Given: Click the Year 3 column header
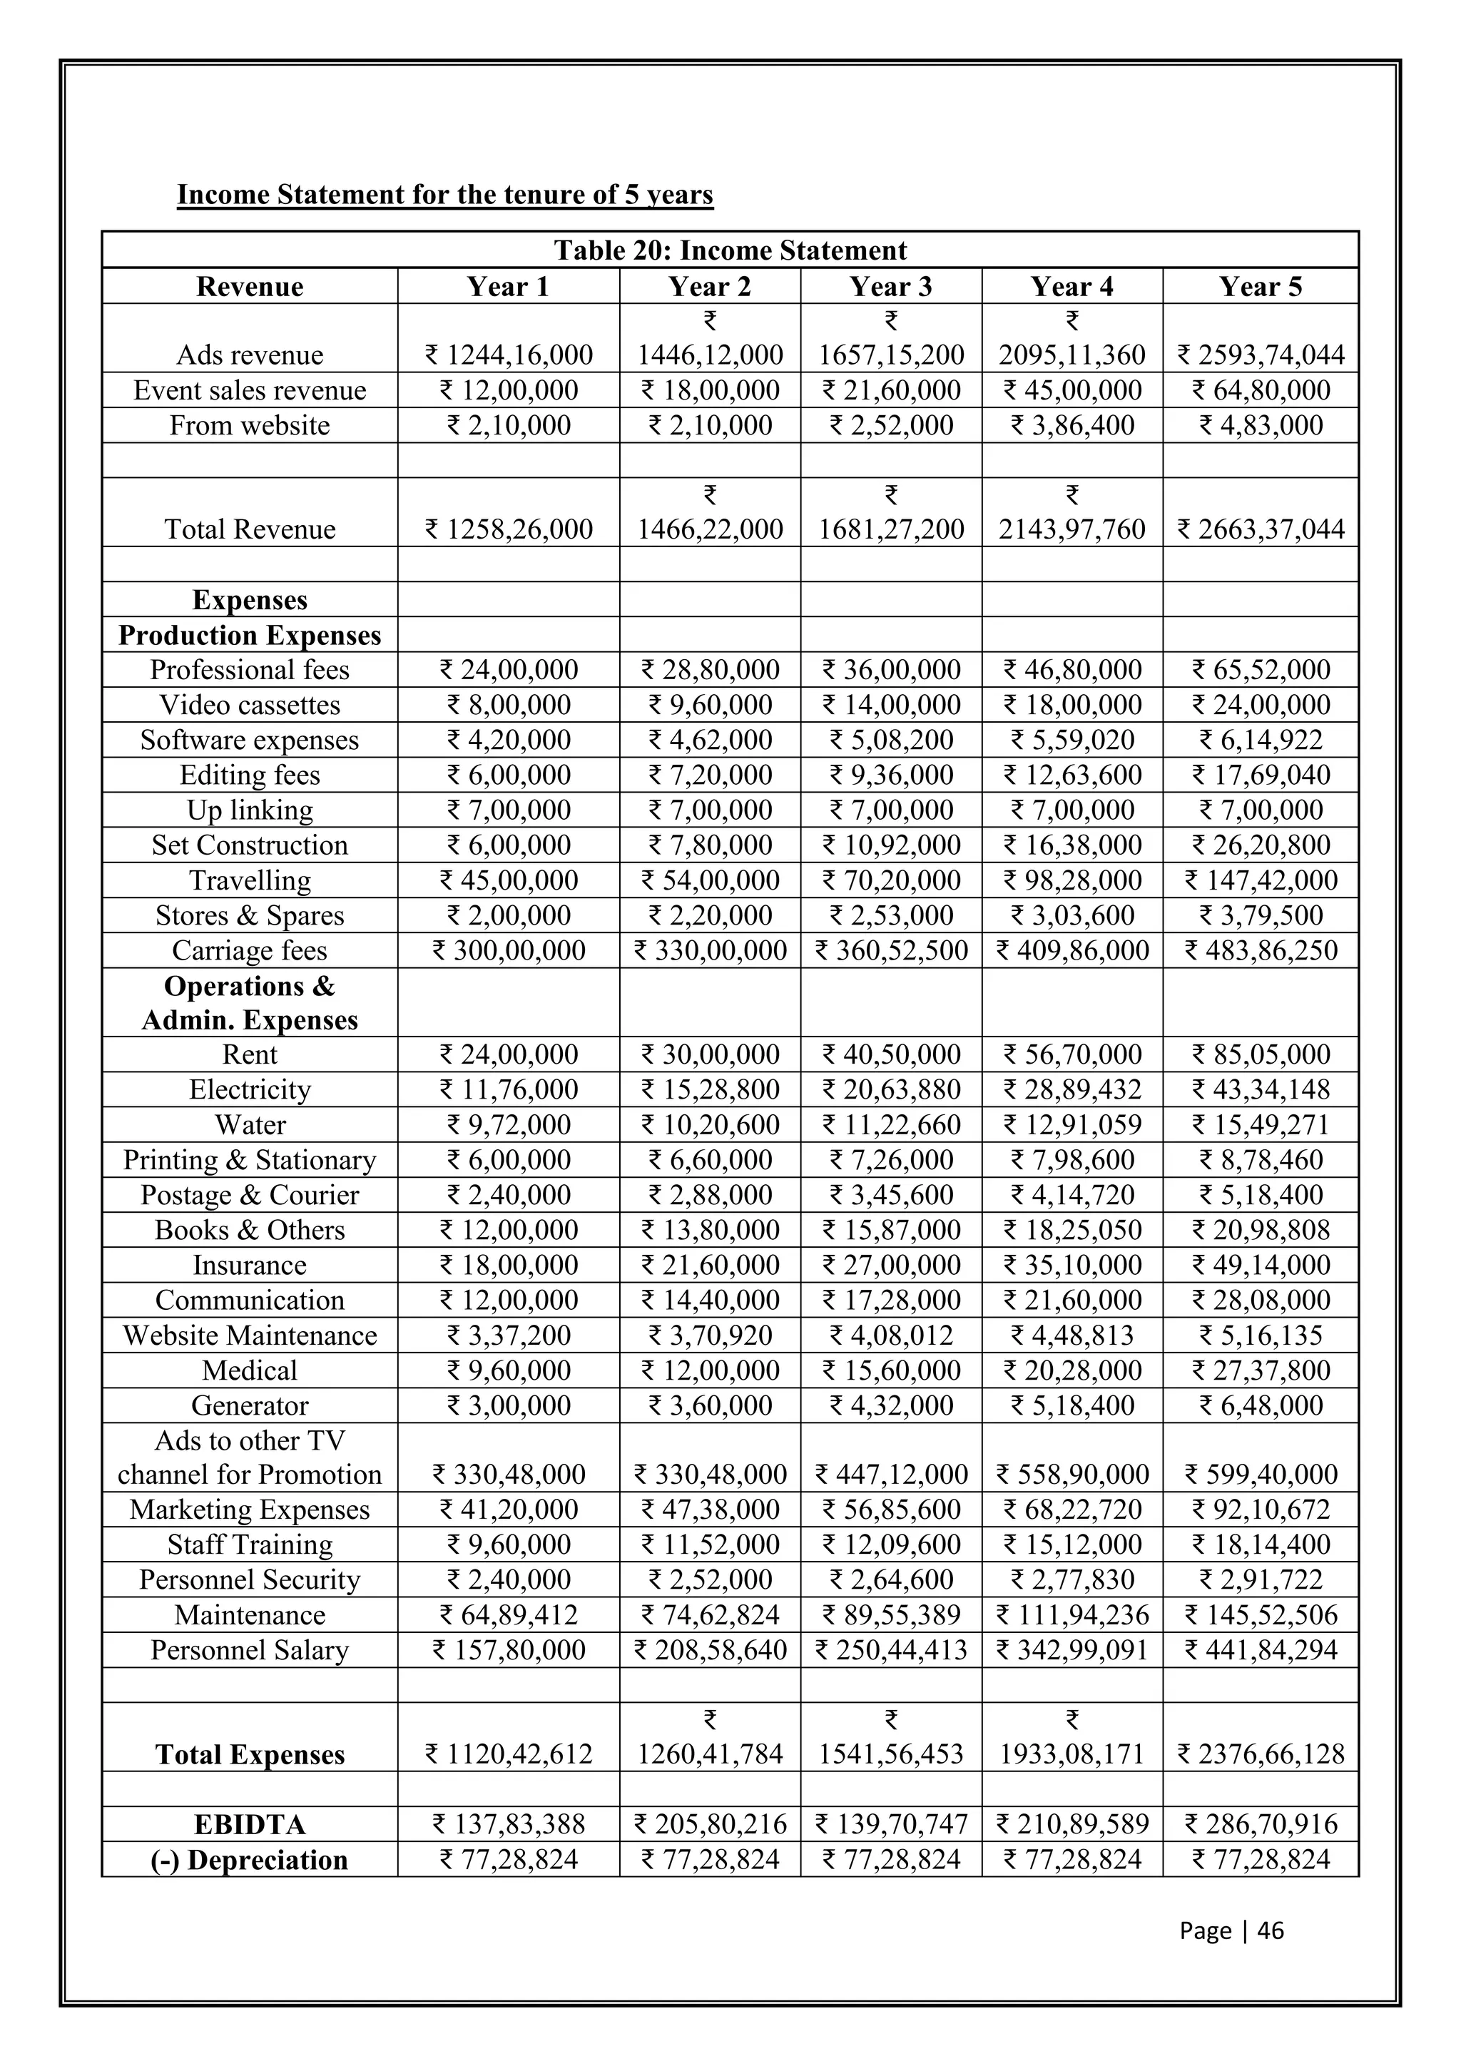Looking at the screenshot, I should coord(890,286).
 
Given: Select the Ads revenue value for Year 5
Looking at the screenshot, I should coord(1261,355).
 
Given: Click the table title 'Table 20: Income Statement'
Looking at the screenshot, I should coord(730,250).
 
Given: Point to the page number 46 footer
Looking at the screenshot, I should coord(1231,1930).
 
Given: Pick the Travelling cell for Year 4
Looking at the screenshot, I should coord(1071,880).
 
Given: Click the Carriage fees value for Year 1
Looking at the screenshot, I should coord(509,950).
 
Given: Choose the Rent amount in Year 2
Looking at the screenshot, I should coord(710,1054).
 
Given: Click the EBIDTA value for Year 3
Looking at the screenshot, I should coord(890,1824).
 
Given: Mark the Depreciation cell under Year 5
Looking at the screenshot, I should coord(1261,1859).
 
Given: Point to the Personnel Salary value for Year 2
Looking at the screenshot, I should coord(710,1650).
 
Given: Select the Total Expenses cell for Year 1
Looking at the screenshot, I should coord(509,1754).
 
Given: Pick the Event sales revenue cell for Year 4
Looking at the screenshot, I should coord(1071,390).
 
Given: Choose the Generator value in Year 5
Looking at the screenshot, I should coord(1261,1405).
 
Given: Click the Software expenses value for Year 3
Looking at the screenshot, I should coord(890,740).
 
